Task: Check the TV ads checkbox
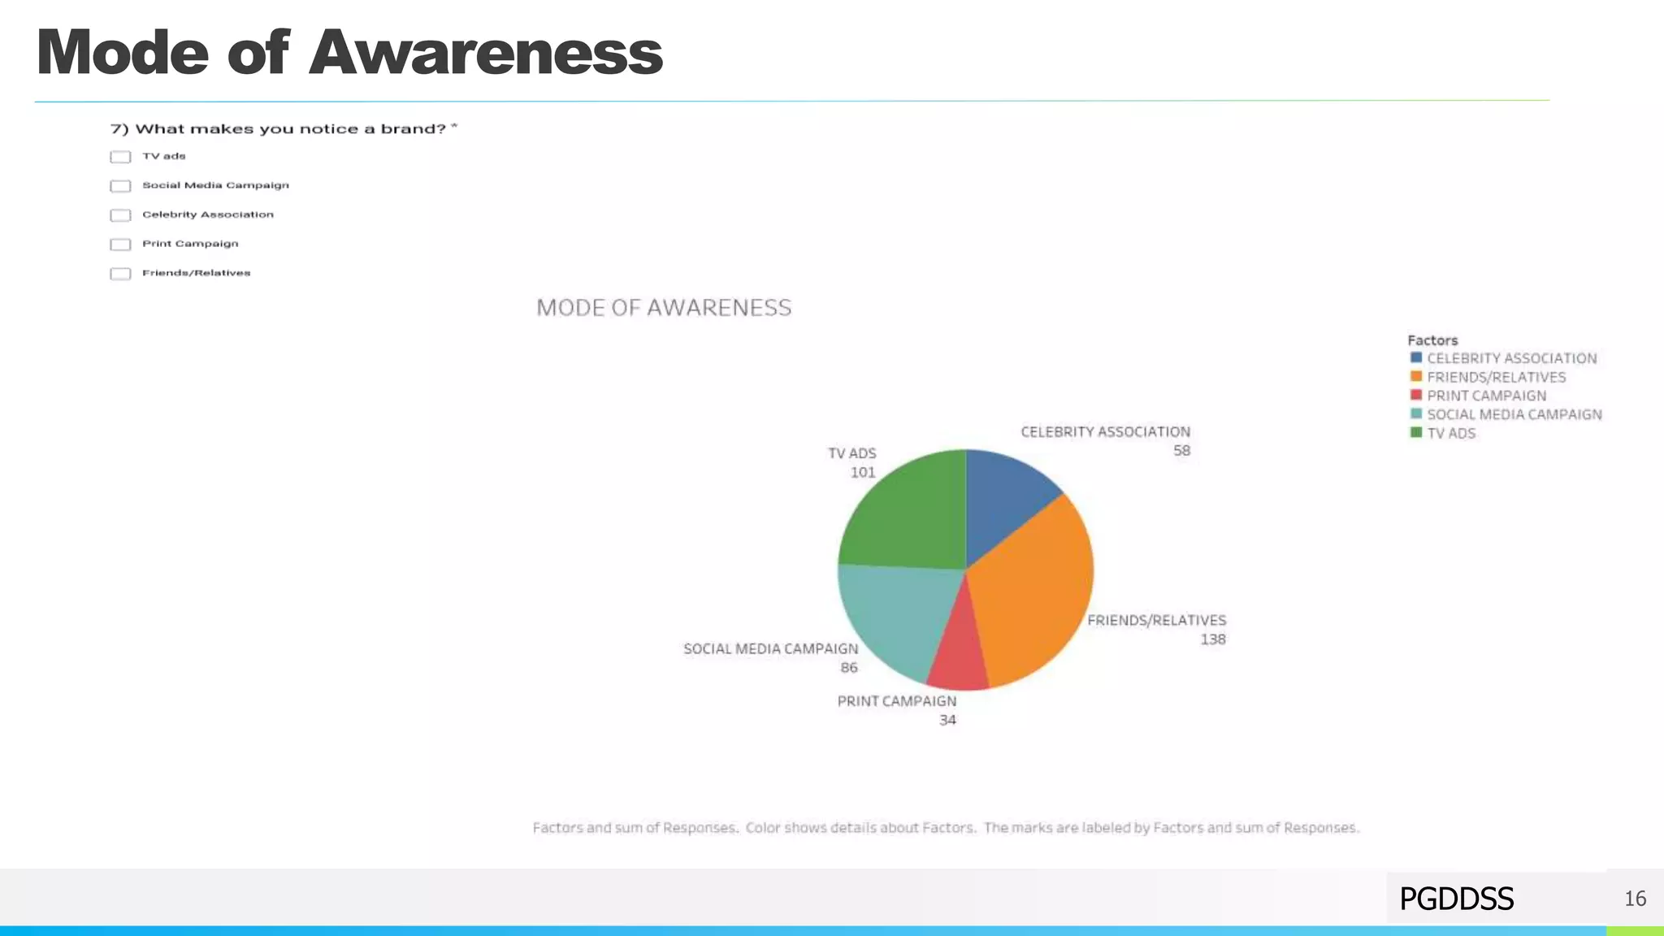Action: click(120, 157)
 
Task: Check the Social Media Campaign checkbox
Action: click(120, 186)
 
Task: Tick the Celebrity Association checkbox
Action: click(120, 215)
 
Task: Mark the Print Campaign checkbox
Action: click(120, 245)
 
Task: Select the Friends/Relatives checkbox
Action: click(120, 274)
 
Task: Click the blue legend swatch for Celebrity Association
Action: click(1416, 357)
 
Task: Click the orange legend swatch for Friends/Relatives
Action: click(1416, 376)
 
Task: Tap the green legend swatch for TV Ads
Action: click(1416, 432)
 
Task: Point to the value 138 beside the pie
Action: click(1212, 639)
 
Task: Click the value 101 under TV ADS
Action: click(863, 472)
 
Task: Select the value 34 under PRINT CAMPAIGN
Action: click(947, 720)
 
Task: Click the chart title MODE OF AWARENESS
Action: click(664, 308)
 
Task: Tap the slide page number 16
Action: click(1635, 899)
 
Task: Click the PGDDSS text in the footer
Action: click(1456, 899)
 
